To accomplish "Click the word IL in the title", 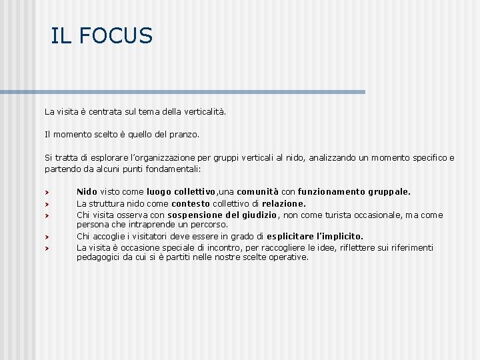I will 61,36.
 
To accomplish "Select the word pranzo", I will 184,134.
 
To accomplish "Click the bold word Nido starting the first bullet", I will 87,192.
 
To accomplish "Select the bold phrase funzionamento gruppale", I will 354,192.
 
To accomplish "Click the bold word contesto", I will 191,203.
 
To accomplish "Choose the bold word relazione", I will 284,203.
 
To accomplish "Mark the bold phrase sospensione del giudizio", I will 222,215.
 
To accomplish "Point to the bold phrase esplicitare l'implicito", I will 315,236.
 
